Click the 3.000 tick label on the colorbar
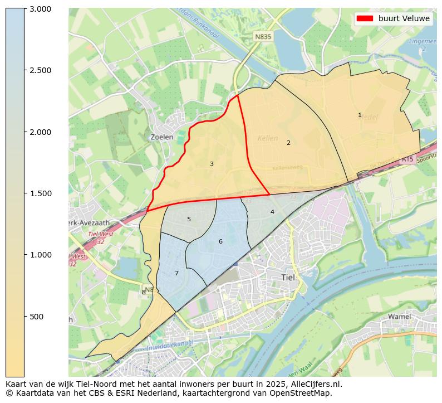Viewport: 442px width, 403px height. (40, 9)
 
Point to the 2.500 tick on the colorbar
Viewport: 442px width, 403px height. (40, 70)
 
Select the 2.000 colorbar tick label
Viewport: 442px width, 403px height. (40, 132)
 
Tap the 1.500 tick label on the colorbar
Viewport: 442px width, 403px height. (40, 193)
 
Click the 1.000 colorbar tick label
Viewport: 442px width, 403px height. (40, 255)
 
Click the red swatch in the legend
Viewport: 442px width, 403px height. (365, 18)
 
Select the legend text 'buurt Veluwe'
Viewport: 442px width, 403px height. (404, 18)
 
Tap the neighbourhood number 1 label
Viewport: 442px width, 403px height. (360, 115)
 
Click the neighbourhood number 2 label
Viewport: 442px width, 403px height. (288, 143)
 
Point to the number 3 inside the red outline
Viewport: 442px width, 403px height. (212, 164)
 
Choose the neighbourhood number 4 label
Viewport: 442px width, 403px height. (272, 212)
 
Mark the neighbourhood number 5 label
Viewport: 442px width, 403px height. (189, 220)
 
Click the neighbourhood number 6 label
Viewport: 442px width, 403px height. (220, 241)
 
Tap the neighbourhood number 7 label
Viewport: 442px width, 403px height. (176, 273)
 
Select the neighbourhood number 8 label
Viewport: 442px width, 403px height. (144, 292)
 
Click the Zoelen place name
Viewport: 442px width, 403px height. (162, 137)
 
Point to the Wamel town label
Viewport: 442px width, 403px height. (399, 317)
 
